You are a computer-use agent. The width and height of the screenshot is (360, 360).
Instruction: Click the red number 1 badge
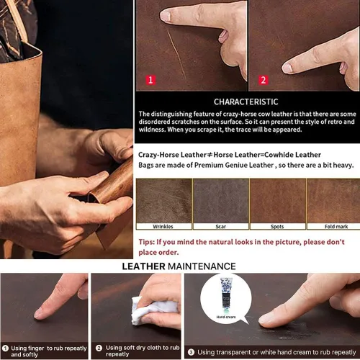tap(150, 80)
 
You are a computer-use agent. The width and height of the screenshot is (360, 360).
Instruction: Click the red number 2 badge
tap(264, 80)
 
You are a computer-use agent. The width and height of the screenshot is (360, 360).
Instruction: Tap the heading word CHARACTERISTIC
tap(246, 102)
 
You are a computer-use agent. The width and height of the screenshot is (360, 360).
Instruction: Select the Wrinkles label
tap(163, 226)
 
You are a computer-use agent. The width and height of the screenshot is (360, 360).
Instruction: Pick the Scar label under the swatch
tap(220, 226)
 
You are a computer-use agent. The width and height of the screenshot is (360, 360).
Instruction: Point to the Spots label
tap(277, 226)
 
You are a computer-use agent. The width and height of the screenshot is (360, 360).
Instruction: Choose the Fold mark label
tap(336, 226)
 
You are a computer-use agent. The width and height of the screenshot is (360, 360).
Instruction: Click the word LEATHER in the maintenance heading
tap(143, 266)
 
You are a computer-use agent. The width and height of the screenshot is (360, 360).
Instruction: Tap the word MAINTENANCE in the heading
tap(202, 266)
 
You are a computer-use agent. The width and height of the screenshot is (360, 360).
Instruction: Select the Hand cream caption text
tap(226, 317)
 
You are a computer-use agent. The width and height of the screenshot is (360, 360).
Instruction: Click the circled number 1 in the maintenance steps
tap(5, 348)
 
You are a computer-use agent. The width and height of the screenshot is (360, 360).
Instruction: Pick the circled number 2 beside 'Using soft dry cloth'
tap(99, 348)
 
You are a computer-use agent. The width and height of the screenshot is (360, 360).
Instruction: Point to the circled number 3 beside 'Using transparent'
tap(191, 352)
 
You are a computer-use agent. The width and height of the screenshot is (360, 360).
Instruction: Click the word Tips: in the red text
tap(147, 242)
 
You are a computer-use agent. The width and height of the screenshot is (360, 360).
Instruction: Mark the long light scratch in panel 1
tap(176, 52)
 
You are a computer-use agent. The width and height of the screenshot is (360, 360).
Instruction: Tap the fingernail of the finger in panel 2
tap(287, 68)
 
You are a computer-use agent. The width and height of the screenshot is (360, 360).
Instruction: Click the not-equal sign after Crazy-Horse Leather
tap(210, 155)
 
